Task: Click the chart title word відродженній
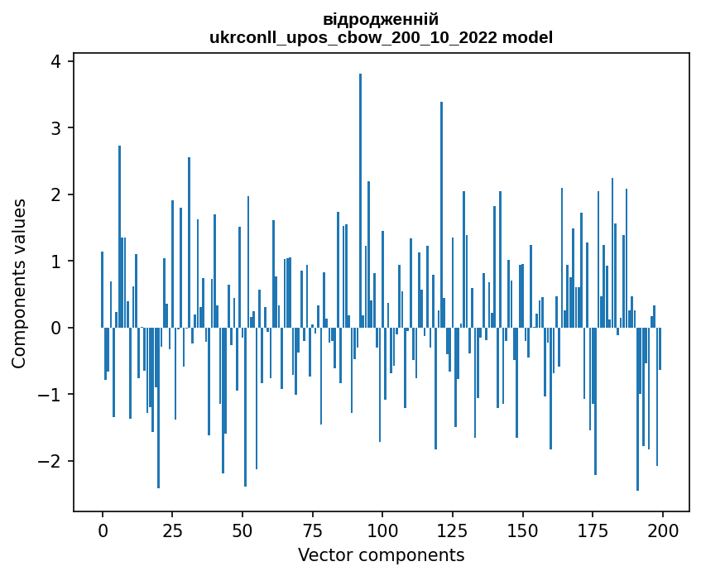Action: pyautogui.click(x=381, y=20)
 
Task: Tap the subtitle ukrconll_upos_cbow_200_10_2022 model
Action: pyautogui.click(x=381, y=38)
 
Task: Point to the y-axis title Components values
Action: pyautogui.click(x=19, y=283)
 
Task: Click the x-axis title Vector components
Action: pyautogui.click(x=381, y=555)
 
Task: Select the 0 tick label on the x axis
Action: pyautogui.click(x=103, y=530)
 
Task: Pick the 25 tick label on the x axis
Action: pyautogui.click(x=172, y=530)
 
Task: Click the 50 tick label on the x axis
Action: pyautogui.click(x=242, y=530)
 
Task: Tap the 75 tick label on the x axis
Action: pyautogui.click(x=312, y=530)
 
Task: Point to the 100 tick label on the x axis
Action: pyautogui.click(x=382, y=530)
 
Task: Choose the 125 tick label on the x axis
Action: pyautogui.click(x=452, y=530)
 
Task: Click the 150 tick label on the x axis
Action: pyautogui.click(x=522, y=530)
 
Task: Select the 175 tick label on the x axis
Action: pyautogui.click(x=592, y=530)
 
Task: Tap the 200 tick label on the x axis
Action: pyautogui.click(x=662, y=530)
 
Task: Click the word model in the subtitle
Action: pyautogui.click(x=529, y=38)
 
